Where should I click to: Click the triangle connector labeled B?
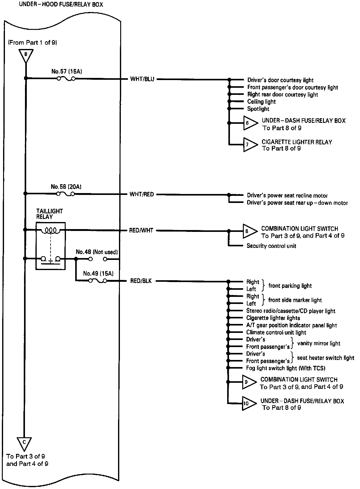[26, 55]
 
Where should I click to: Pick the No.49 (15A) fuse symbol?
[98, 281]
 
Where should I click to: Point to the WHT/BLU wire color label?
[142, 79]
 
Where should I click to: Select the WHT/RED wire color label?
[142, 194]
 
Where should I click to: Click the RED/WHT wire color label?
[142, 230]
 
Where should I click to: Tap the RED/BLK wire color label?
[141, 281]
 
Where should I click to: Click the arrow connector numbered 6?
[249, 123]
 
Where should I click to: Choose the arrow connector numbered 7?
[249, 144]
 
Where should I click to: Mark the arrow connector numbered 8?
[248, 231]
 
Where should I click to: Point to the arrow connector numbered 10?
[248, 403]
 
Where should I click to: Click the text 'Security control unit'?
[271, 246]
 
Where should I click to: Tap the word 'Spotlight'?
[258, 109]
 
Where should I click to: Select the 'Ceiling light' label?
[261, 102]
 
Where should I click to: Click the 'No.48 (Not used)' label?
[97, 252]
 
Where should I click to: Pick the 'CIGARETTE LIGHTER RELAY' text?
[297, 142]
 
